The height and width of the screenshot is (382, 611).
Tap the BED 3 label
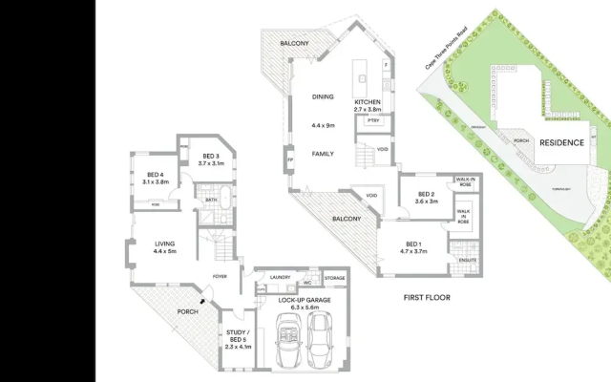point(210,159)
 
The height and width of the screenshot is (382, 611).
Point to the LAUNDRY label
point(281,277)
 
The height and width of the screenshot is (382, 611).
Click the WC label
point(307,282)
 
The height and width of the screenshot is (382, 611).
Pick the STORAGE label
point(334,277)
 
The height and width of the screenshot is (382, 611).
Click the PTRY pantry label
point(372,120)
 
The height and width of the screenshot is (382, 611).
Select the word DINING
point(322,96)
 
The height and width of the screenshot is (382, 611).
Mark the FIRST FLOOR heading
point(426,297)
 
